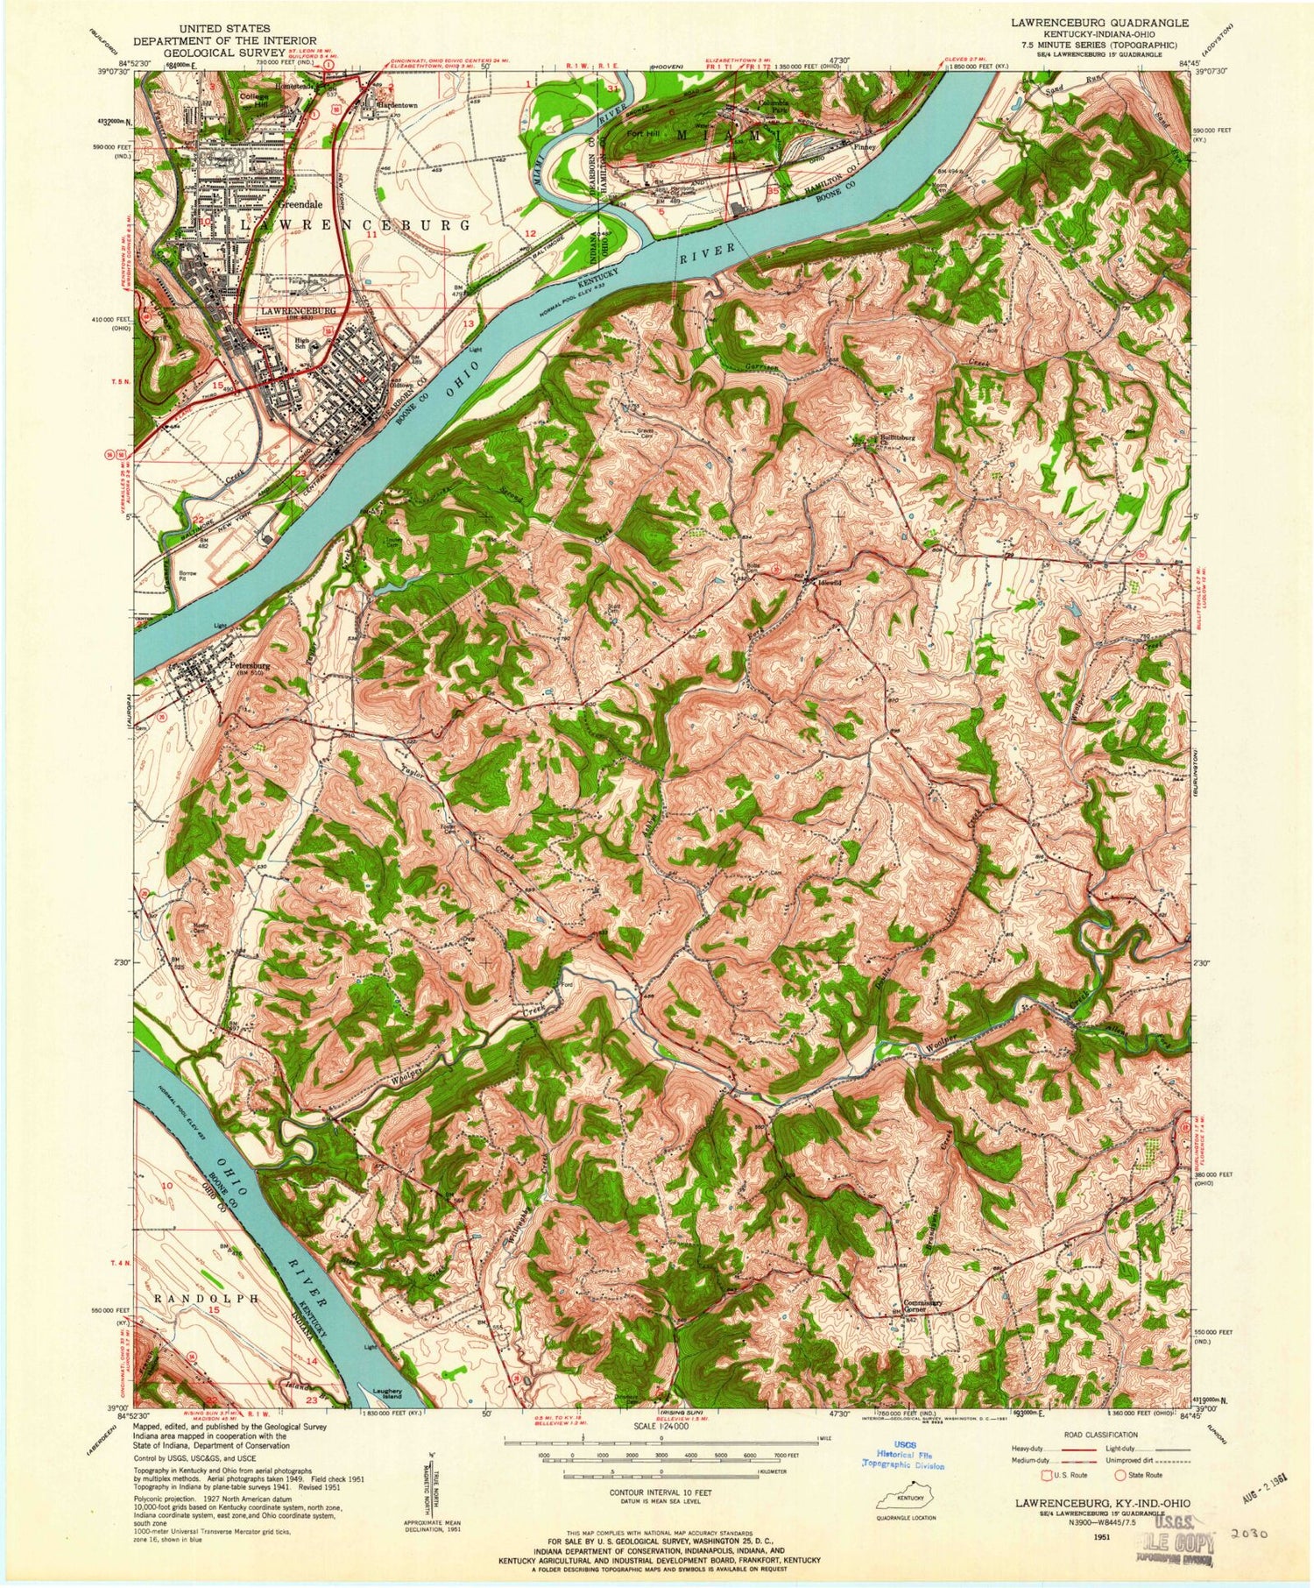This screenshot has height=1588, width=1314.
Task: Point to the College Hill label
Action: pos(256,100)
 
